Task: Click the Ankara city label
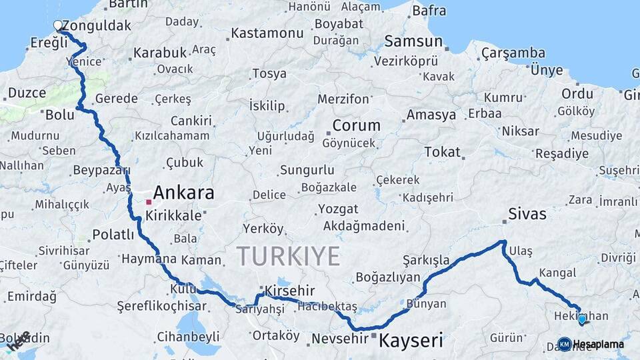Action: (184, 193)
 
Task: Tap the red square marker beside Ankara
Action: (149, 201)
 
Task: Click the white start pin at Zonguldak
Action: (57, 26)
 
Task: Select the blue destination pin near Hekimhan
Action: (582, 319)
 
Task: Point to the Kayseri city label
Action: (411, 341)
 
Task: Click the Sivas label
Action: (527, 214)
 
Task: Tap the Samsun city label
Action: (413, 41)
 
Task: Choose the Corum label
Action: (356, 125)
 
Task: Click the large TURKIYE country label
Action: (288, 256)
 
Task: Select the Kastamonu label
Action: (268, 33)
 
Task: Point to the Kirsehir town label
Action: (289, 291)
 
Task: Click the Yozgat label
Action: (338, 209)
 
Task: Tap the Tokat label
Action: (443, 152)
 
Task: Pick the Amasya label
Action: (431, 115)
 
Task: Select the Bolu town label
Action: (60, 115)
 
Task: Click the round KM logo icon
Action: (564, 344)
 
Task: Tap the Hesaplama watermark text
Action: (599, 344)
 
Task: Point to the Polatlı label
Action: (113, 234)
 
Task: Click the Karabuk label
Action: (160, 52)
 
